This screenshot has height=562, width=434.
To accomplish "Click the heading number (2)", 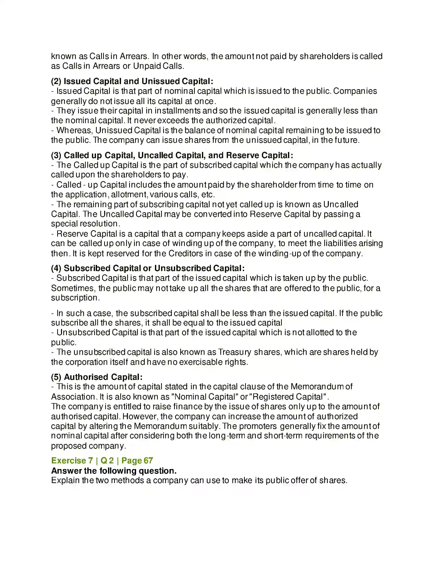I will click(x=56, y=81).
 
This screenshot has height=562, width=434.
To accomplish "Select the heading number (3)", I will click(x=56, y=155).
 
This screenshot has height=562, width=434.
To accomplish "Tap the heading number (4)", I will click(x=56, y=268).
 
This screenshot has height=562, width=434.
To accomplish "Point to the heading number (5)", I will click(x=56, y=377).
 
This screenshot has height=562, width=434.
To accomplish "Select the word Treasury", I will click(x=234, y=352).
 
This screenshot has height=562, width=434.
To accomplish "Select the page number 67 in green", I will click(x=148, y=461).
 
